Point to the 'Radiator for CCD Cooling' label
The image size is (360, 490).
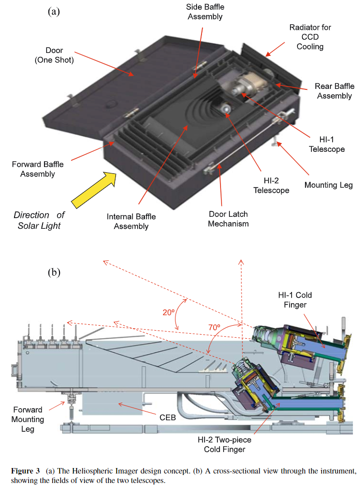[309, 36]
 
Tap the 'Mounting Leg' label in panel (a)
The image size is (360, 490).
[328, 185]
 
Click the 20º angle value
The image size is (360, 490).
[168, 312]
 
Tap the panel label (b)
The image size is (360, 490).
[53, 273]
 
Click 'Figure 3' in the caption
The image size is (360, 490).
[26, 471]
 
